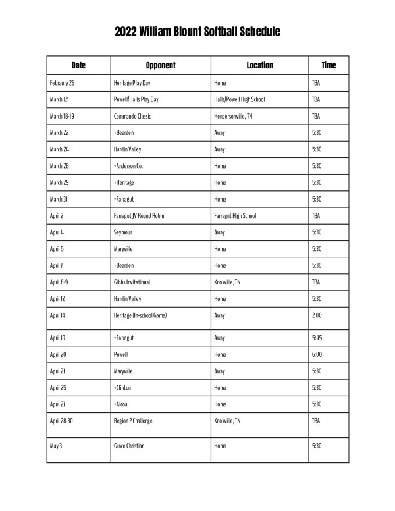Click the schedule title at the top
pos(197,32)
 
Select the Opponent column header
pos(161,65)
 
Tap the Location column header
pos(259,65)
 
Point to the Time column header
pos(329,65)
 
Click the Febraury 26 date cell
pos(63,83)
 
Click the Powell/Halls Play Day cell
pos(136,99)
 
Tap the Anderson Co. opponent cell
pos(128,166)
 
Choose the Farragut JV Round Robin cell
pos(141,215)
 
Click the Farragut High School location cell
pos(235,215)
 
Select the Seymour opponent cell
pos(124,232)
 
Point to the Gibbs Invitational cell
pos(132,282)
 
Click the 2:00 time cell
pos(316,315)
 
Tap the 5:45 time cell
pos(316,338)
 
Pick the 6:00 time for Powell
pos(316,354)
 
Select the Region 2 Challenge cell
pos(133,420)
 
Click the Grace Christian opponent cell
pos(129,446)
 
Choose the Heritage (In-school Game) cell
pos(140,315)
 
